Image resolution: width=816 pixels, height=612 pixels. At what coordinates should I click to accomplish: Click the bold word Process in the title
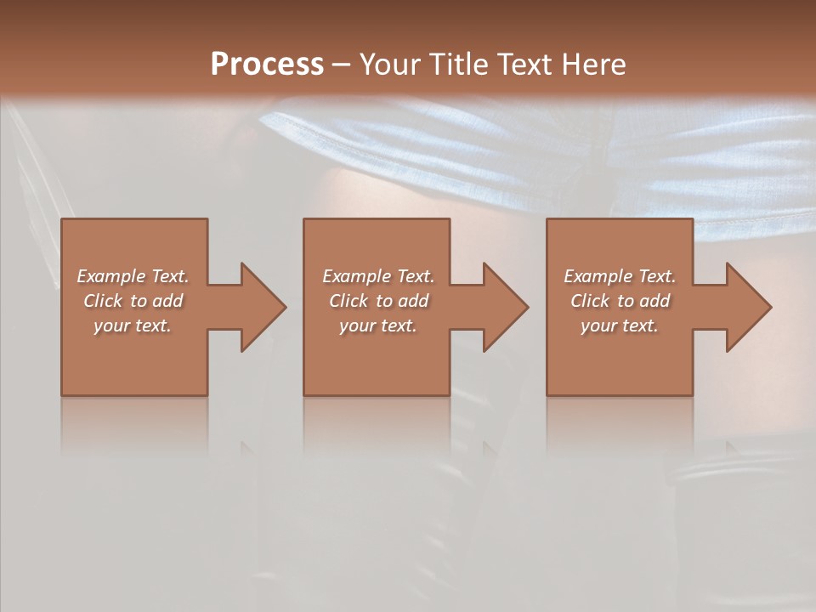tap(267, 65)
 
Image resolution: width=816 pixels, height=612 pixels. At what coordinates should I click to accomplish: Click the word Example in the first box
tap(110, 276)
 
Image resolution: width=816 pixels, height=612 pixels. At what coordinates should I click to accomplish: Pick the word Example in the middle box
tap(356, 276)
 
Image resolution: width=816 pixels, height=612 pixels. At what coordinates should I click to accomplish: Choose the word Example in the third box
tap(598, 276)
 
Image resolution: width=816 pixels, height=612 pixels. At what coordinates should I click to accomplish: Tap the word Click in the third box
tap(590, 301)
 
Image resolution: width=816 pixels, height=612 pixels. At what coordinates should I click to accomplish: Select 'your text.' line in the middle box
tap(377, 326)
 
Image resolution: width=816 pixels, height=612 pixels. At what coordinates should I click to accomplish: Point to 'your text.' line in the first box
tap(133, 326)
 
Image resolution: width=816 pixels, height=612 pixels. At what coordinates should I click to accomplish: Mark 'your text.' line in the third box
tap(619, 326)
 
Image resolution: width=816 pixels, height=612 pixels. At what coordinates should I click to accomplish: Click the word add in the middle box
tap(413, 301)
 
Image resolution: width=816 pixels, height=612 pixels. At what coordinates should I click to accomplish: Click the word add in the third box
tap(654, 301)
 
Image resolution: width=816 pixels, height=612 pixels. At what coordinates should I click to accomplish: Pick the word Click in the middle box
tap(348, 301)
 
